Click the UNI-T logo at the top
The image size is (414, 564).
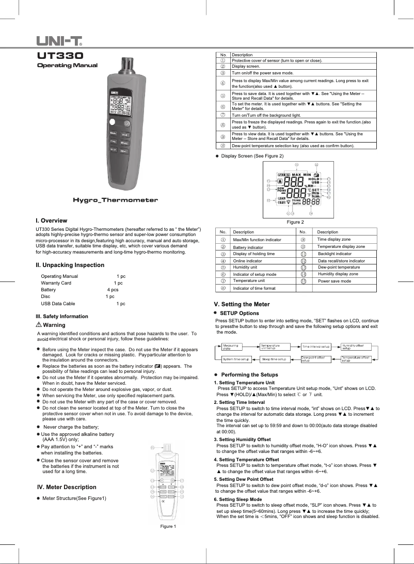pos(60,40)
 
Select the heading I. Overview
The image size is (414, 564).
pos(51,221)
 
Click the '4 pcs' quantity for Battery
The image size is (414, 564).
pos(113,290)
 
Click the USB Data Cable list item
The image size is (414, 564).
pos(58,304)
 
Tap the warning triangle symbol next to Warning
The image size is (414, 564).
pos(39,325)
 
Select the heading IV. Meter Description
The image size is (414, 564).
pos(67,487)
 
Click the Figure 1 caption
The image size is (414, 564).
pos(168,526)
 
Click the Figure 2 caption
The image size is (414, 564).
pos(296,222)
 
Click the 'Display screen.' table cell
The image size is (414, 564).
pos(246,67)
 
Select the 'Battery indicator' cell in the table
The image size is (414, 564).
pos(250,247)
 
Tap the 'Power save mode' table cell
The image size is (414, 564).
pos(334,281)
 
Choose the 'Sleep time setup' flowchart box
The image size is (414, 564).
pos(274,358)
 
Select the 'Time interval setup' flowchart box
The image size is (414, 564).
pos(316,347)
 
